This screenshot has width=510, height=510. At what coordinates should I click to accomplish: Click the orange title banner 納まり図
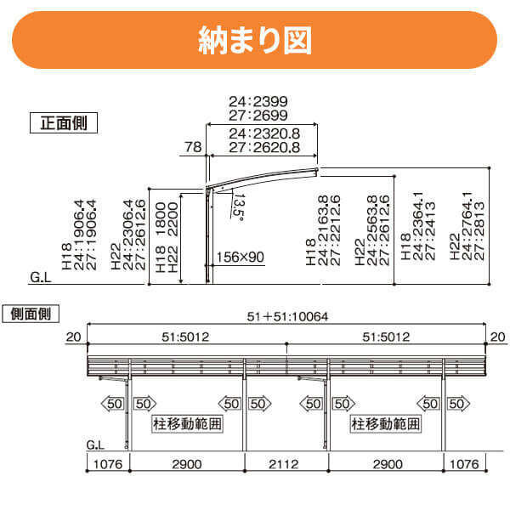pos(254,40)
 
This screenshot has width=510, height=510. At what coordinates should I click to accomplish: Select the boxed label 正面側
pos(64,122)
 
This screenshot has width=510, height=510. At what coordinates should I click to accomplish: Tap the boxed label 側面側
pos(31,313)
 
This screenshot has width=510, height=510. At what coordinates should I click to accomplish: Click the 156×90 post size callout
pos(241,256)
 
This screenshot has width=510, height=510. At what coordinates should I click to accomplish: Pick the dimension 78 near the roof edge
pos(193,147)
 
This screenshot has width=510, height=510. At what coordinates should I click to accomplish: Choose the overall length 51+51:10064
pos(287,317)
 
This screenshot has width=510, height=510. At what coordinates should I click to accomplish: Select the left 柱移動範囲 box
pos(187,422)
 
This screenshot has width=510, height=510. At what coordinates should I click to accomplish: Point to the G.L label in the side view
pos(96,445)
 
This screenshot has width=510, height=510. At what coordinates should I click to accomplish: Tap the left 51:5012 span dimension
pos(186,337)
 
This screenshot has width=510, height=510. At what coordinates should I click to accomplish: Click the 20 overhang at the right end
pos(494,337)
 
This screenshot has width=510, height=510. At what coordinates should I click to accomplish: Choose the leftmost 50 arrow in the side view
pos(114,402)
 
